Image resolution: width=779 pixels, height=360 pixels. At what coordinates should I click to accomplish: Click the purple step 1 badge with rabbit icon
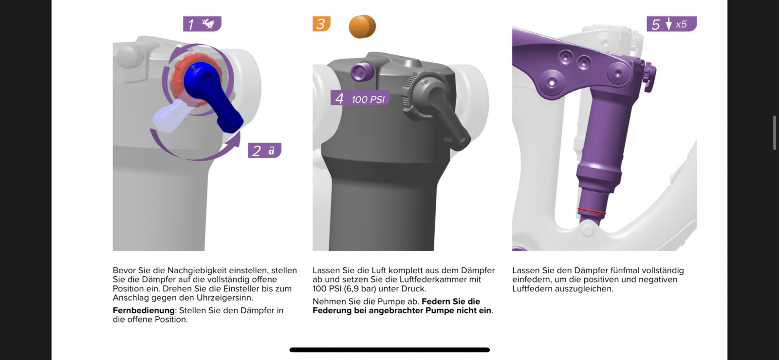click(202, 24)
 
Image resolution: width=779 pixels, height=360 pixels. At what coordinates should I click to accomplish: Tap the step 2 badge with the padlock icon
click(265, 150)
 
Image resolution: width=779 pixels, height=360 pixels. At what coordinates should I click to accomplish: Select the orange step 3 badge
click(321, 24)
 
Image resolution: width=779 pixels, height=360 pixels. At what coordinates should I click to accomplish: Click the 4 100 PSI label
click(360, 99)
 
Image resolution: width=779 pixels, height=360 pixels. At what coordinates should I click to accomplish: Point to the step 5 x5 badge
click(671, 24)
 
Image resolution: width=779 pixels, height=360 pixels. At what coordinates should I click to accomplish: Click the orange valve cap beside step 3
click(362, 26)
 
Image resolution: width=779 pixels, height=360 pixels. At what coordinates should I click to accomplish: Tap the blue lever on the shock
click(210, 95)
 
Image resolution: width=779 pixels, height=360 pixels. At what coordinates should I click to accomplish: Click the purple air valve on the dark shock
click(362, 72)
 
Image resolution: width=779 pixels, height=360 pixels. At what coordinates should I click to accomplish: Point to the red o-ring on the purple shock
click(592, 211)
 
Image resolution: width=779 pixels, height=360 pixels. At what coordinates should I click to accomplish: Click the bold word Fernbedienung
click(144, 310)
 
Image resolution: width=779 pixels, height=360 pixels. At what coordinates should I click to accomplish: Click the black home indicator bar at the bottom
click(389, 350)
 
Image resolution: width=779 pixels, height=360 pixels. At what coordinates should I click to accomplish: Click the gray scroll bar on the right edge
click(775, 133)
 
